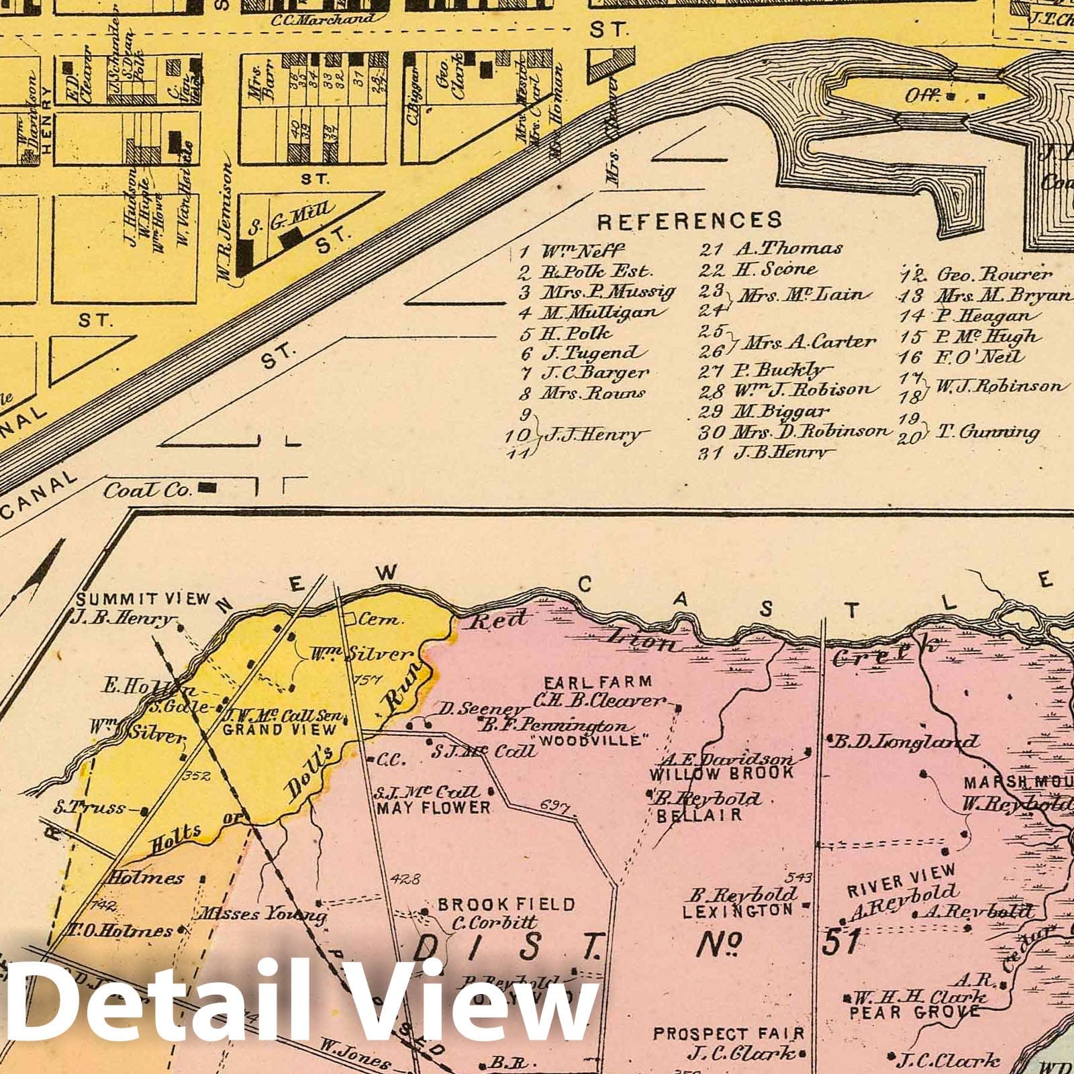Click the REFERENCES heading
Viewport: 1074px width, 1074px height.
click(689, 220)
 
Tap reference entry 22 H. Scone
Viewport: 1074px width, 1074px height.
click(759, 270)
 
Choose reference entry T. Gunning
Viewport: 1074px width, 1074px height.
click(987, 432)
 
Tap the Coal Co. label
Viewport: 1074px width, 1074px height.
click(148, 490)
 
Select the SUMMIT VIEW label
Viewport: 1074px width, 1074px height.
click(144, 599)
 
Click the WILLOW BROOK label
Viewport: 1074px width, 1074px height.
click(721, 773)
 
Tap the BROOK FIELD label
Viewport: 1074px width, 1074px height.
click(506, 904)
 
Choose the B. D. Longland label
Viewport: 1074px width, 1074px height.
click(905, 742)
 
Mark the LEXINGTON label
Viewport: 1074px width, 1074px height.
click(737, 911)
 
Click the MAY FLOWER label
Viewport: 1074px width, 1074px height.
click(433, 807)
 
